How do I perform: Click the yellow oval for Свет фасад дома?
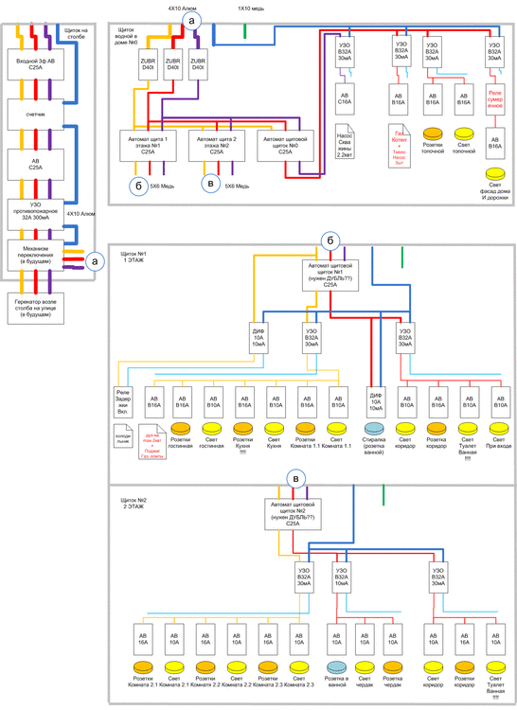pyautogui.click(x=494, y=174)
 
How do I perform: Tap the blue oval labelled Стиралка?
pyautogui.click(x=377, y=427)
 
